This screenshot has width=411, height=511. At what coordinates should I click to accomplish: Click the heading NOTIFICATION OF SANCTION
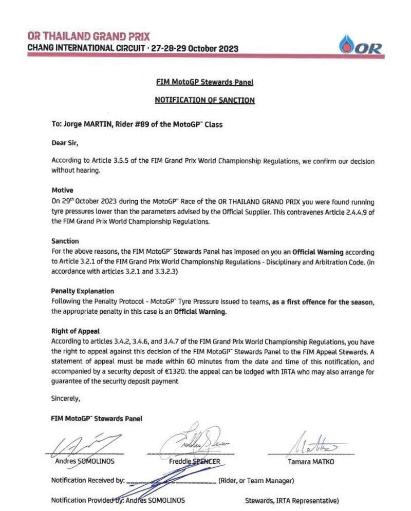click(x=204, y=101)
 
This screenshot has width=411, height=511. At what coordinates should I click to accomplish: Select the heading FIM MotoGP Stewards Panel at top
click(x=204, y=82)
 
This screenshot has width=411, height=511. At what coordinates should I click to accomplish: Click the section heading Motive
click(x=62, y=190)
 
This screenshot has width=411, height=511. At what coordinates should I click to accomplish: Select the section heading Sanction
click(x=65, y=241)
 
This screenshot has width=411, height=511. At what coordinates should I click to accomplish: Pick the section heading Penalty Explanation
click(x=82, y=291)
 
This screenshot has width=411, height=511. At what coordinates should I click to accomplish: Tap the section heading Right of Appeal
click(x=75, y=331)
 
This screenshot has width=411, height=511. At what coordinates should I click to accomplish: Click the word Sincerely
click(x=66, y=398)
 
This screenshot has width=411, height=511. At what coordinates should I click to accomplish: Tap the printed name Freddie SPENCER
click(x=195, y=462)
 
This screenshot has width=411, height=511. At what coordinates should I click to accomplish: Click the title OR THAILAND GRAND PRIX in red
click(x=89, y=36)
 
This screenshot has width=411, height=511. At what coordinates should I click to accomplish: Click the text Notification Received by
click(x=88, y=481)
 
